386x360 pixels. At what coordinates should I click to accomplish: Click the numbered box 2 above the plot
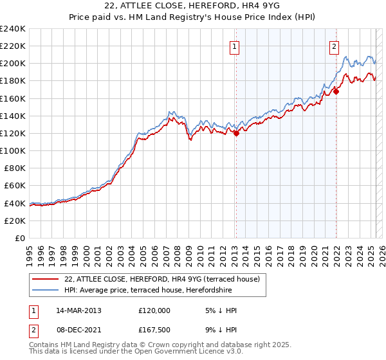point(335,46)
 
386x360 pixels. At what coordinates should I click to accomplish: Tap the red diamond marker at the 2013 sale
point(236,133)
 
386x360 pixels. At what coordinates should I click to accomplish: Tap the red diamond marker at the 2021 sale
point(336,91)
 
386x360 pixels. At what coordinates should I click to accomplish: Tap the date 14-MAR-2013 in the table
point(78,310)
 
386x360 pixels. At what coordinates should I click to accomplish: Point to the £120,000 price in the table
point(154,310)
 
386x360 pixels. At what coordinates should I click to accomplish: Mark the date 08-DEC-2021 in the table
point(78,330)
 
